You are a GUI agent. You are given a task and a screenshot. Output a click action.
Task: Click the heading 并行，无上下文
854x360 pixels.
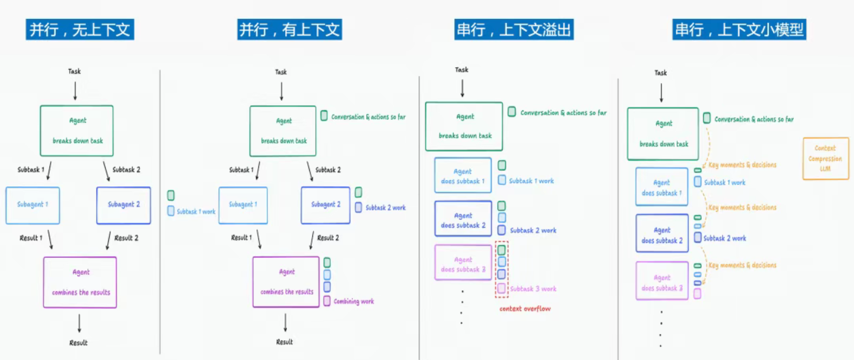pos(80,30)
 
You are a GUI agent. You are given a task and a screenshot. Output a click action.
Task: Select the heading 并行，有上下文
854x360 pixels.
pos(289,30)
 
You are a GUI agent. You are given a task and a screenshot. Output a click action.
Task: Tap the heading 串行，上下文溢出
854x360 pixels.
pos(514,30)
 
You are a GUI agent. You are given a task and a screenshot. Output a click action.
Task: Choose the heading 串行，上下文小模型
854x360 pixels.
pos(739,30)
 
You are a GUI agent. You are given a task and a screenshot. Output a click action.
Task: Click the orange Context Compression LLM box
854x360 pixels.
pos(825,158)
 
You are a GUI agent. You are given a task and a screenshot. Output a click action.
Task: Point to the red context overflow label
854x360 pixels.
pos(525,309)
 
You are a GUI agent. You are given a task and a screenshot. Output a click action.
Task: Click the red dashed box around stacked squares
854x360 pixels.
pos(501,269)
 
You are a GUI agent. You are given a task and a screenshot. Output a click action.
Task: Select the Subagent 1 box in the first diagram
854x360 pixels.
pos(33,205)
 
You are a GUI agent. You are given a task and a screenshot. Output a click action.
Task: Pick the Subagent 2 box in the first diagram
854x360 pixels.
pos(124,205)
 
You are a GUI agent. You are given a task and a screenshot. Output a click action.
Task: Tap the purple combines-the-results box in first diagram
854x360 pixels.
pos(80,282)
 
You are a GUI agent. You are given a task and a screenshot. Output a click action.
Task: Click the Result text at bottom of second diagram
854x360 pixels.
pos(284,342)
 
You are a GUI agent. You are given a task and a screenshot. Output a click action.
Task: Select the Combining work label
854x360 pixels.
pos(354,302)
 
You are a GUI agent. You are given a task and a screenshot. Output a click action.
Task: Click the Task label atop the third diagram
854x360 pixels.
pos(462,70)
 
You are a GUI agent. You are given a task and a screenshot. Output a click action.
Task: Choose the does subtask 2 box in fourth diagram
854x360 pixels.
pos(662,234)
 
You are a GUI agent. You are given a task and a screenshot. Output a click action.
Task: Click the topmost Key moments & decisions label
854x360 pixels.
pos(742,165)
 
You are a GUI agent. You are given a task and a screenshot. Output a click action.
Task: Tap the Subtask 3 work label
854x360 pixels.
pos(533,289)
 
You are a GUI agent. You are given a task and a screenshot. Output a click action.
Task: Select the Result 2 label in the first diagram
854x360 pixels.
pos(126,238)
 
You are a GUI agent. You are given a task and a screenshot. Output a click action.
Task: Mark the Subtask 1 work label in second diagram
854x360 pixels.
pos(196,212)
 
